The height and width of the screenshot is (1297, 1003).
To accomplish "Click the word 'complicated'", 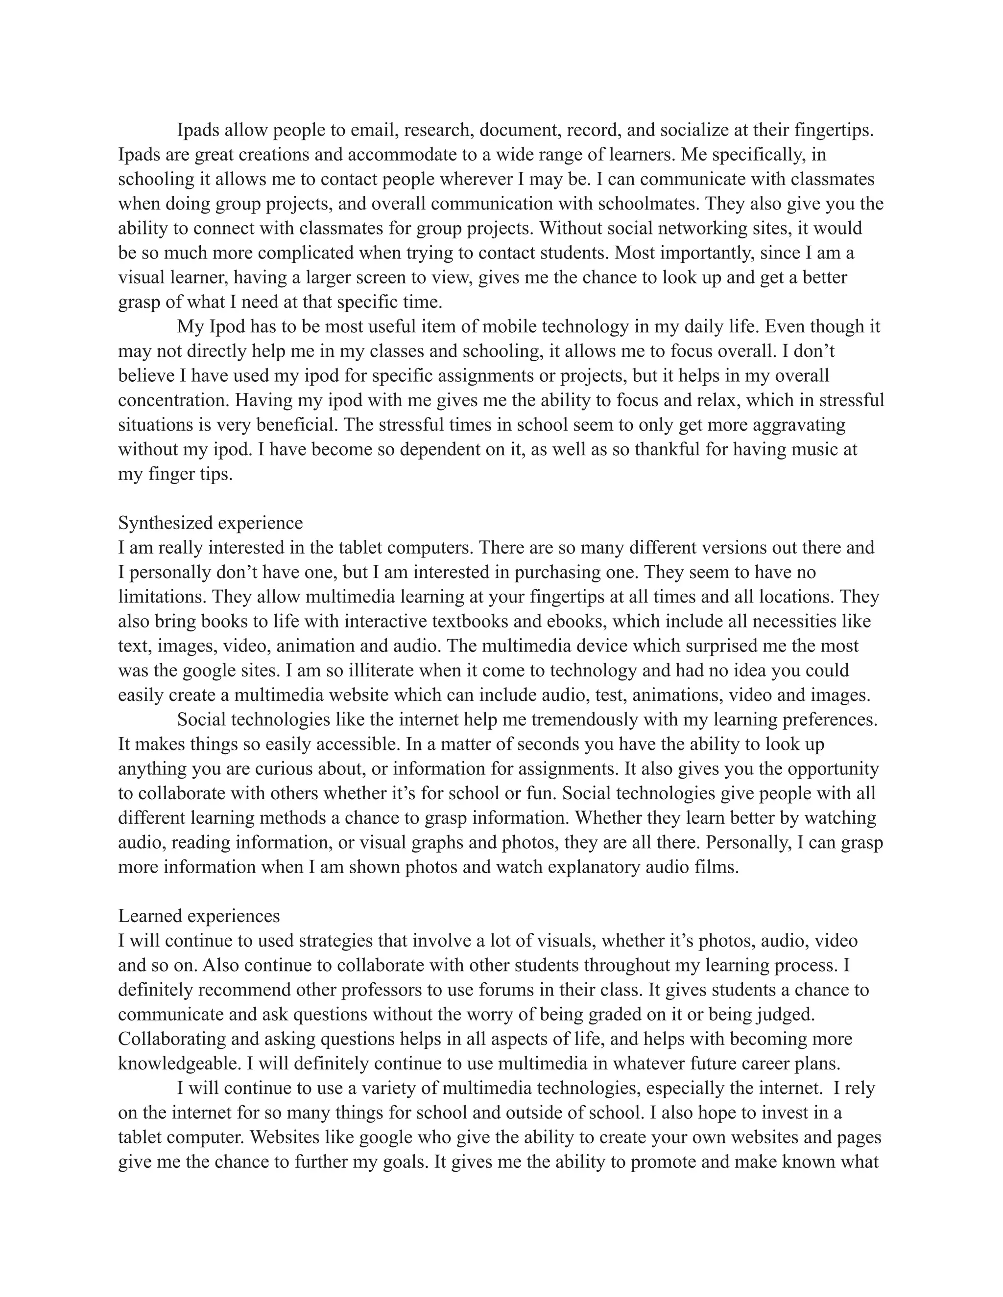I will [x=321, y=253].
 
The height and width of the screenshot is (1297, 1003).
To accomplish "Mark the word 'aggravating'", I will [x=799, y=425].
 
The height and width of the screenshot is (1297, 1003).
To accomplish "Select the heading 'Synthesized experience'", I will [x=210, y=523].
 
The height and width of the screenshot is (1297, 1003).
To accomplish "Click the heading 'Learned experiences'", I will [x=199, y=916].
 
